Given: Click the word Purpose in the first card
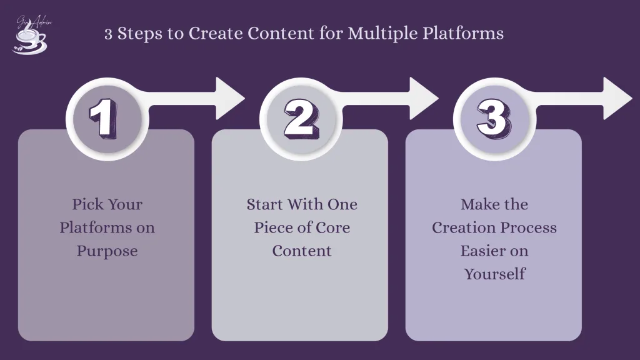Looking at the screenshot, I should [107, 251].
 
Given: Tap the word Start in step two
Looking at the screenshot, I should [266, 204].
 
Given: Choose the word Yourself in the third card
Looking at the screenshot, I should [494, 274].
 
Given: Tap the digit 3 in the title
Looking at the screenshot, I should [109, 33].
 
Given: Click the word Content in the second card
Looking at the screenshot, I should [301, 251].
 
